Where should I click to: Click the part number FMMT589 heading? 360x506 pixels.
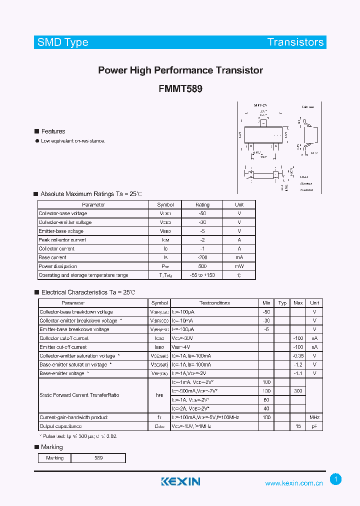pyautogui.click(x=180, y=88)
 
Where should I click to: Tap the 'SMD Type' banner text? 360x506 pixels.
pyautogui.click(x=62, y=42)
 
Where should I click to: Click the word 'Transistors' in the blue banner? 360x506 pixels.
pyautogui.click(x=295, y=42)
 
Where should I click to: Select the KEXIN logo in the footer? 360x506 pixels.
pyautogui.click(x=180, y=481)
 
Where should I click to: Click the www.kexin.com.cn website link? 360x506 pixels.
pyautogui.click(x=294, y=483)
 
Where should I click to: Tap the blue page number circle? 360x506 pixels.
pyautogui.click(x=336, y=479)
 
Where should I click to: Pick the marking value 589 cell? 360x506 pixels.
pyautogui.click(x=98, y=458)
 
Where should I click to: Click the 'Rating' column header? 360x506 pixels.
pyautogui.click(x=202, y=204)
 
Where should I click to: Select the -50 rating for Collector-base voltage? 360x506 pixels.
pyautogui.click(x=202, y=213)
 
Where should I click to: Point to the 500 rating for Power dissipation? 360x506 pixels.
pyautogui.click(x=202, y=266)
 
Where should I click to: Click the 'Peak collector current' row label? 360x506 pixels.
pyautogui.click(x=62, y=240)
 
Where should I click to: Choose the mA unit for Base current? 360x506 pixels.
pyautogui.click(x=239, y=257)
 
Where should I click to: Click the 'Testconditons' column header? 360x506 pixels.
pyautogui.click(x=214, y=303)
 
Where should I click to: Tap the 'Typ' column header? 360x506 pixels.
pyautogui.click(x=282, y=303)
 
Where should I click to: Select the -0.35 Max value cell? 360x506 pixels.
pyautogui.click(x=298, y=356)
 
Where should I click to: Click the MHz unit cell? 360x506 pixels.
pyautogui.click(x=314, y=417)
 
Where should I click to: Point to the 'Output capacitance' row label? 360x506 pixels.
pyautogui.click(x=60, y=426)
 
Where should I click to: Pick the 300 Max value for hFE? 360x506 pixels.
pyautogui.click(x=298, y=391)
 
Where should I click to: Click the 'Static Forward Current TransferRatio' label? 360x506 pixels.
pyautogui.click(x=79, y=395)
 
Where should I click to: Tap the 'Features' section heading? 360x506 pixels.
pyautogui.click(x=53, y=131)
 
